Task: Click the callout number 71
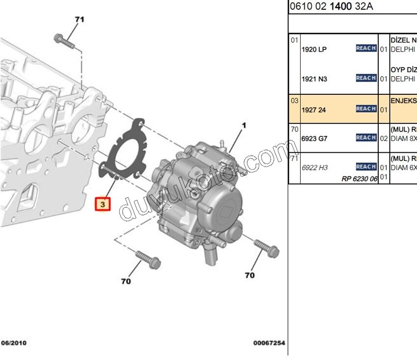79,20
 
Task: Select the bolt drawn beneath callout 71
64,41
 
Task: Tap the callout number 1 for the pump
243,126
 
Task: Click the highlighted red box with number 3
103,203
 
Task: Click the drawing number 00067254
269,343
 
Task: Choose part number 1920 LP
314,49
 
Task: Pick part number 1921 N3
314,79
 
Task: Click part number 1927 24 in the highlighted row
313,110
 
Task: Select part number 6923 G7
314,138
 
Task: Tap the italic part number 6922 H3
314,167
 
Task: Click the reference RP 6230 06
359,179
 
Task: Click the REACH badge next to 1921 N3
366,78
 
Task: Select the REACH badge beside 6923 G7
366,138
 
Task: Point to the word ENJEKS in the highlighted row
403,101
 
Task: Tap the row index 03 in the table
294,100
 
